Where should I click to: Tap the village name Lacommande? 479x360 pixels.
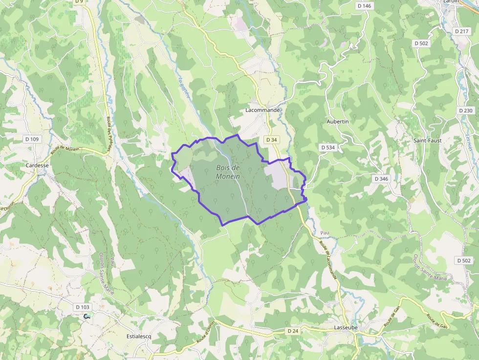coord(262,110)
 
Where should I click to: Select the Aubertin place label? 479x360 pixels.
coord(337,121)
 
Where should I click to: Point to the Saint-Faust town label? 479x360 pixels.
coord(428,141)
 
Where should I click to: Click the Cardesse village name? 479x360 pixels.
coord(37,165)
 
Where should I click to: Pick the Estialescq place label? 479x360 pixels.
coord(139,336)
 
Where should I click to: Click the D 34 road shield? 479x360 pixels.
coord(271,140)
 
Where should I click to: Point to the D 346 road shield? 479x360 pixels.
coord(381,179)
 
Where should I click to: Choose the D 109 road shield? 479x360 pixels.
coord(32,139)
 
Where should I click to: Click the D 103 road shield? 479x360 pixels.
coord(83,307)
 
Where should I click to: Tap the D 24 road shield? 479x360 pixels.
coord(292,331)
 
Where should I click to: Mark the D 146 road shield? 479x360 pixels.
coord(364,6)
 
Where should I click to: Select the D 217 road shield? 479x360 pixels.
coord(461,31)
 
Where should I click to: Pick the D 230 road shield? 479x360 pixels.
coord(466,110)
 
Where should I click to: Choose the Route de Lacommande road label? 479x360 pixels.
coord(328,259)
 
